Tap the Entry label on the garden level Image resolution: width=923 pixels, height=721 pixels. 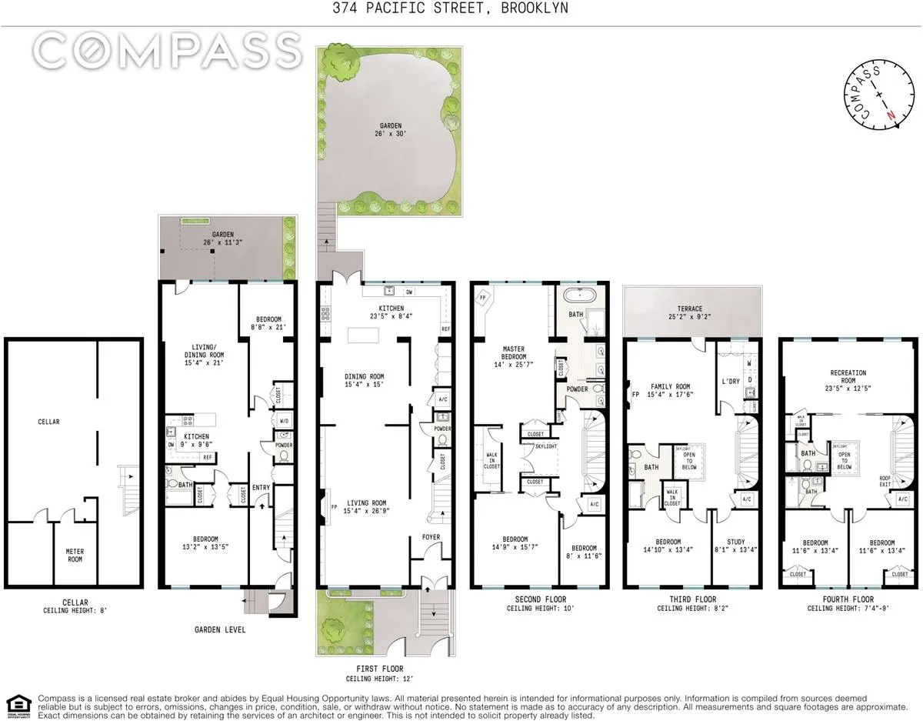point(260,487)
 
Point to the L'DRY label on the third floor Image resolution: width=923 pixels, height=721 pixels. point(730,382)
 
